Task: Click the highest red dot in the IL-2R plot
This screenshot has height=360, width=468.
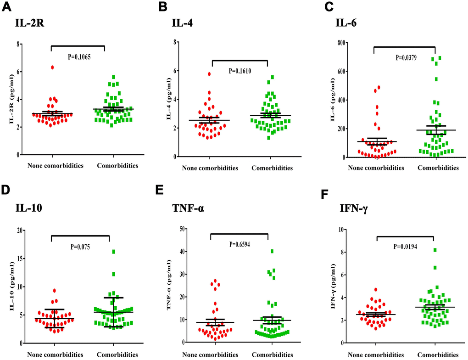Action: tap(53, 67)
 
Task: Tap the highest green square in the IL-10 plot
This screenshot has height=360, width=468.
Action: tap(113, 252)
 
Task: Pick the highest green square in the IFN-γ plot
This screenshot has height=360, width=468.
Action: tap(435, 250)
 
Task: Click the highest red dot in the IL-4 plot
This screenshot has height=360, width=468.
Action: tap(196, 74)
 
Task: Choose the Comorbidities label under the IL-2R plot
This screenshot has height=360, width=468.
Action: tap(118, 166)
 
